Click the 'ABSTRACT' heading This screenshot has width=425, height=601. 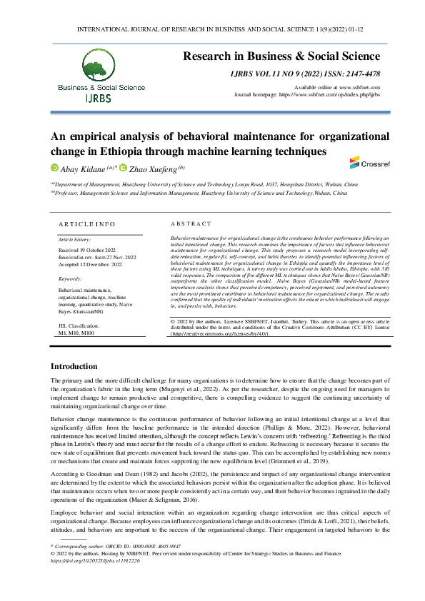tap(191, 223)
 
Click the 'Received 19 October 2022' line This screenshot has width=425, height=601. tap(88, 251)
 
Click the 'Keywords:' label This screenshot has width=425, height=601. tap(70, 278)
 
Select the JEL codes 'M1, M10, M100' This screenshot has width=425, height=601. tap(76, 333)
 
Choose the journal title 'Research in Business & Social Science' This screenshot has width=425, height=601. tap(281, 56)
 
